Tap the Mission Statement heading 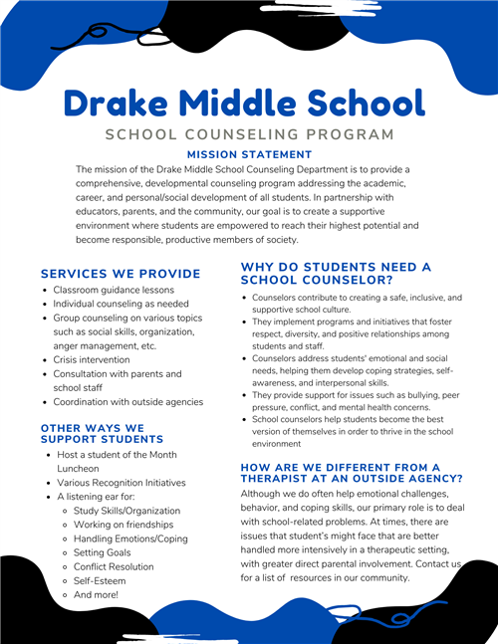[249, 154]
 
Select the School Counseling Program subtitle [249, 134]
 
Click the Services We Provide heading [121, 274]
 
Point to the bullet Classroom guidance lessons [114, 290]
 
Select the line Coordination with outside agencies [127, 402]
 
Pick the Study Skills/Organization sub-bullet [127, 511]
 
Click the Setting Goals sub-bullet [103, 552]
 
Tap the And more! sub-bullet [97, 594]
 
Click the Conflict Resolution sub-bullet [114, 566]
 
